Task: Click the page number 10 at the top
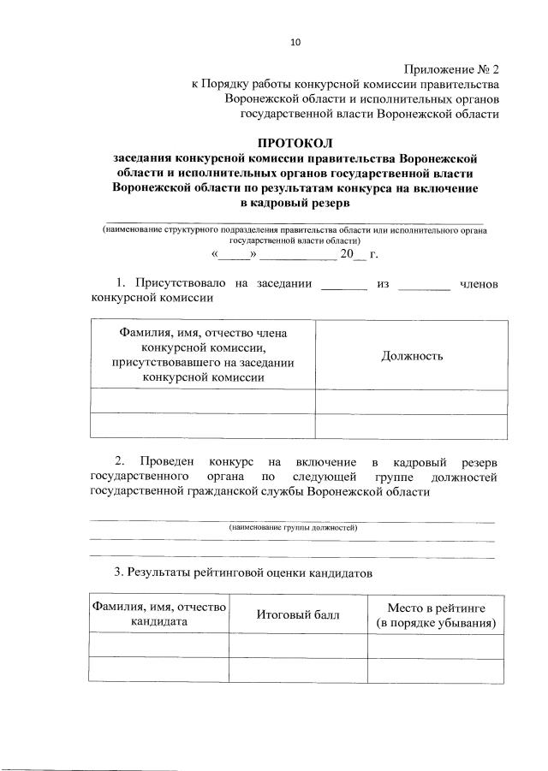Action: tap(295, 40)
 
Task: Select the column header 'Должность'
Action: tap(412, 356)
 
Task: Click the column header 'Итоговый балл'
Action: tap(297, 614)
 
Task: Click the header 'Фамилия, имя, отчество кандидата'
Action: tap(158, 614)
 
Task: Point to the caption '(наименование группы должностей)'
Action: tap(293, 530)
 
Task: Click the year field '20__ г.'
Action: tap(358, 254)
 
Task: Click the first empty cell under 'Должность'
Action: tap(412, 400)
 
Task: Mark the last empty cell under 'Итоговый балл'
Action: tap(297, 670)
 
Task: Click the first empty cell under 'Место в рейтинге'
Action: tap(436, 646)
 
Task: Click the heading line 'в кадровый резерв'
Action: tap(295, 204)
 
